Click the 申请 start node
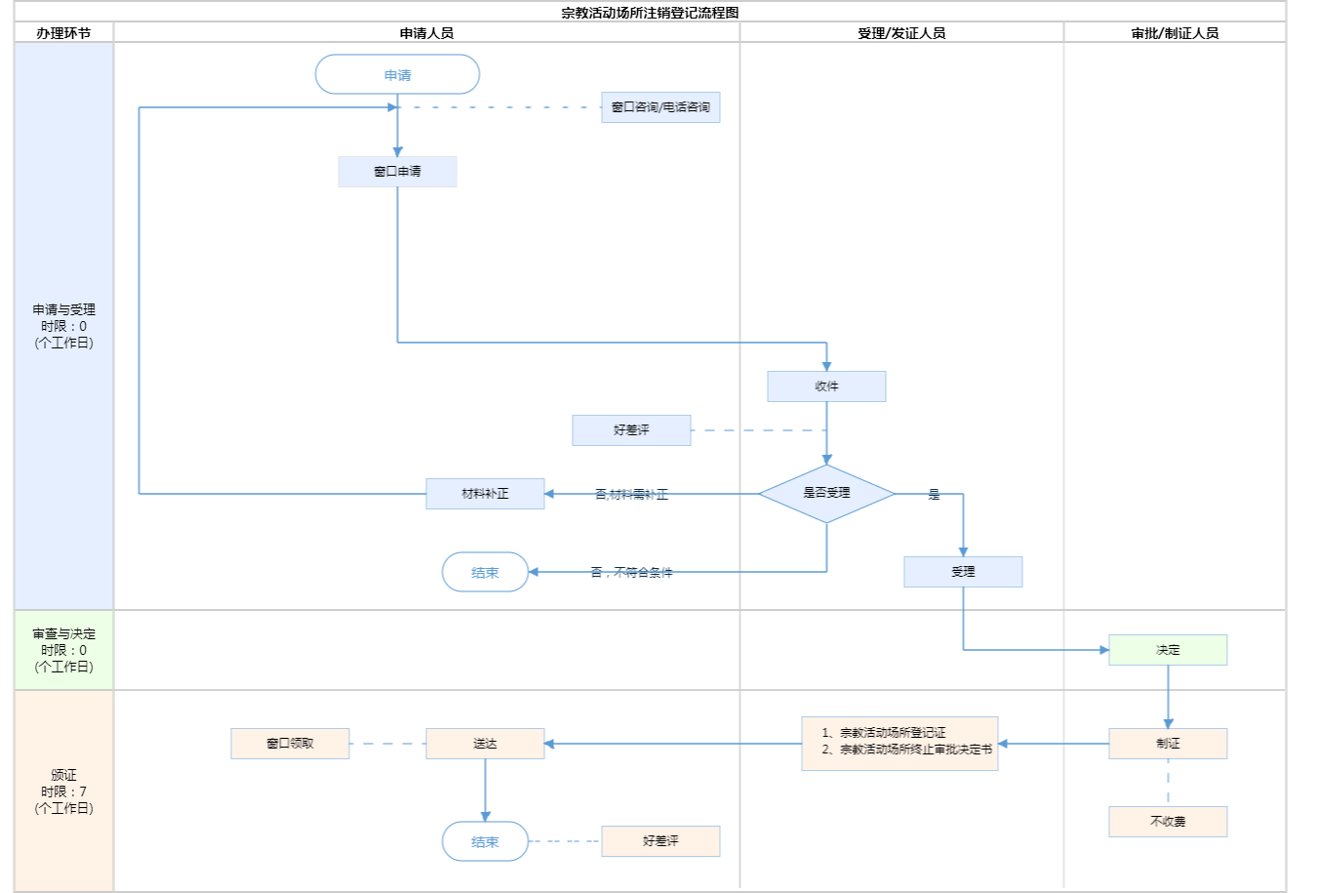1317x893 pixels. pyautogui.click(x=397, y=75)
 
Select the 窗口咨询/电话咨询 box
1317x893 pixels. pyautogui.click(x=660, y=107)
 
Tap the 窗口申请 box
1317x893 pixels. pyautogui.click(x=397, y=172)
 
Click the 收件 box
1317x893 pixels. pyautogui.click(x=826, y=386)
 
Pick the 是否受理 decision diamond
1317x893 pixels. pyautogui.click(x=826, y=494)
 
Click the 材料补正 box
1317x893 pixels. pyautogui.click(x=485, y=494)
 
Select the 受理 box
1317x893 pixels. pyautogui.click(x=963, y=572)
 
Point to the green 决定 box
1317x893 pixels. pyautogui.click(x=1168, y=650)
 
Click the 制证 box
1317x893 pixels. pyautogui.click(x=1168, y=744)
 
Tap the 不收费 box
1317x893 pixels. pyautogui.click(x=1168, y=822)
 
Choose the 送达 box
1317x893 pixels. pyautogui.click(x=485, y=744)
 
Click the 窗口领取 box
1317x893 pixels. pyautogui.click(x=290, y=744)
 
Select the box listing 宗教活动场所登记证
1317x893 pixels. pyautogui.click(x=899, y=744)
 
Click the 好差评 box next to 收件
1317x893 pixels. pyautogui.click(x=631, y=430)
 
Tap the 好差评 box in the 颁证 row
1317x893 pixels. pyautogui.click(x=660, y=841)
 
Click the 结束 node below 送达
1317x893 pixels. pyautogui.click(x=485, y=841)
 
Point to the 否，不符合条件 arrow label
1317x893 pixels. pyautogui.click(x=631, y=573)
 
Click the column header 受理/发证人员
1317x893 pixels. pyautogui.click(x=901, y=33)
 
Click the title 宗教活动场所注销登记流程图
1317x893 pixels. pyautogui.click(x=650, y=13)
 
